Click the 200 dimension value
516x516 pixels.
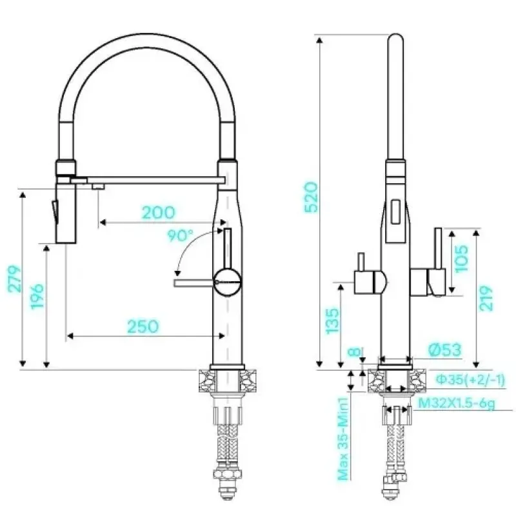[158, 213]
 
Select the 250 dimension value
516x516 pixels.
[143, 326]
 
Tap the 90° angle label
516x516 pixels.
[180, 235]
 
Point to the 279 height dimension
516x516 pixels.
[14, 279]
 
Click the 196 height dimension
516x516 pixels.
[37, 296]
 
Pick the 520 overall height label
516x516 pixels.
[312, 197]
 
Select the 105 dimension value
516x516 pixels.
[461, 259]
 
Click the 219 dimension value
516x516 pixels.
[486, 298]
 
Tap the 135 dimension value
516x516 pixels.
[332, 321]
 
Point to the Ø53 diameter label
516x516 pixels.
[446, 350]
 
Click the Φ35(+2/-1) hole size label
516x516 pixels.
[470, 380]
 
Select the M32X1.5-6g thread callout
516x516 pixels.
[456, 403]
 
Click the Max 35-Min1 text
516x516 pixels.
[342, 439]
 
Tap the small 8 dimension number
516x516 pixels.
[355, 352]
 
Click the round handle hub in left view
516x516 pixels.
[228, 282]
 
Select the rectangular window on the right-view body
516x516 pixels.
[395, 212]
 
